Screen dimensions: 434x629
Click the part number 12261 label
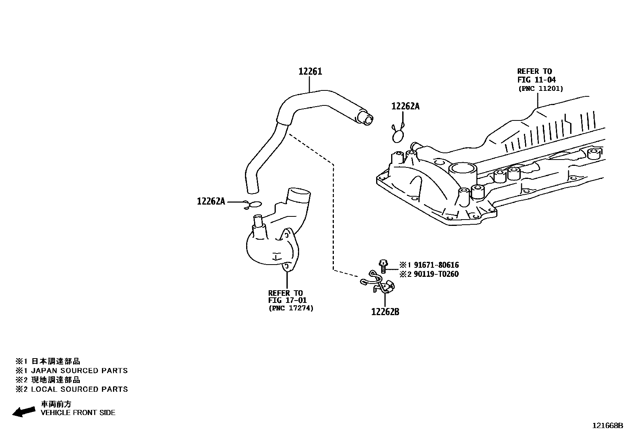(x=310, y=71)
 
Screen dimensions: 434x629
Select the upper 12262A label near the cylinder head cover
(x=405, y=106)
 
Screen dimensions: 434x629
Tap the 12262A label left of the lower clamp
(x=211, y=201)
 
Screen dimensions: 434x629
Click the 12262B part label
(x=385, y=312)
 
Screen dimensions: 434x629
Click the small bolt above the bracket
(x=382, y=265)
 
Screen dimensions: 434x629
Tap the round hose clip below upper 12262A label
(x=398, y=135)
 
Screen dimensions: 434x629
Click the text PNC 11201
(x=540, y=88)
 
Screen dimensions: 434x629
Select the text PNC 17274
(x=291, y=308)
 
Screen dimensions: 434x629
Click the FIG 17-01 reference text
(x=288, y=301)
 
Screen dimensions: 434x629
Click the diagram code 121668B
(x=607, y=426)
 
